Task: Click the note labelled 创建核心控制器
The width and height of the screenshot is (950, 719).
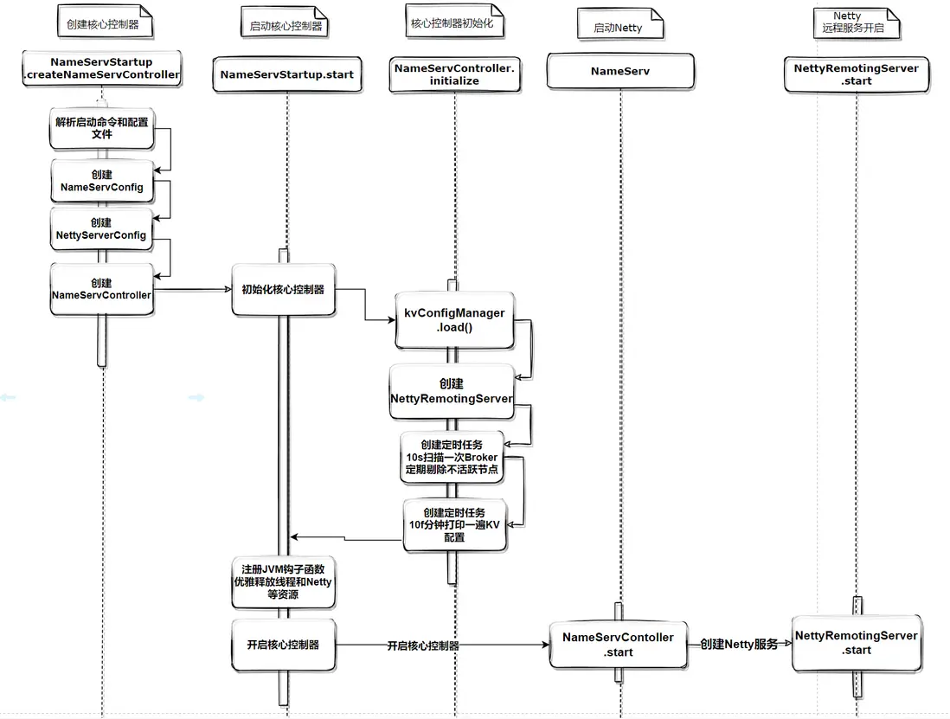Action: click(x=103, y=25)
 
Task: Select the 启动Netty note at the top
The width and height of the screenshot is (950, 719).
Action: click(x=618, y=28)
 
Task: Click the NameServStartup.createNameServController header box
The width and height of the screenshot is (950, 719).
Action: click(x=101, y=69)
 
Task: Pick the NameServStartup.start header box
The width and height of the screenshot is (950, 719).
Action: click(x=286, y=74)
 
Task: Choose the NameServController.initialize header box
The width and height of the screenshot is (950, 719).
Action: click(x=454, y=74)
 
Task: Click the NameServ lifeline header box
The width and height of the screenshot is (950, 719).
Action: click(x=619, y=72)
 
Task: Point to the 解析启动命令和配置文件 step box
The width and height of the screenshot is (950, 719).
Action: click(x=101, y=128)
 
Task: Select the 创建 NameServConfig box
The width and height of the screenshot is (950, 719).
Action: click(x=101, y=181)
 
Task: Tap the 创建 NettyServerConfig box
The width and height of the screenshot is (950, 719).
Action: click(x=101, y=228)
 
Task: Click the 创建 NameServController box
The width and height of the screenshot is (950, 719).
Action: click(x=101, y=289)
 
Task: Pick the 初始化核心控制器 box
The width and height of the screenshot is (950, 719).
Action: click(x=283, y=289)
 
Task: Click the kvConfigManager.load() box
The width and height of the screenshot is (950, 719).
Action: click(x=454, y=320)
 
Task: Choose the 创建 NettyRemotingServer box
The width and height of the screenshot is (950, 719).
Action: click(x=451, y=391)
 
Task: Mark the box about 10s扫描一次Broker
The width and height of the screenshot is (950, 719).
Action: click(x=451, y=457)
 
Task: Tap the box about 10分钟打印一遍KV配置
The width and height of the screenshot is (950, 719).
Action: click(x=454, y=524)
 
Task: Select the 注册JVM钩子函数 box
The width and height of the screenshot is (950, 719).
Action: click(x=283, y=581)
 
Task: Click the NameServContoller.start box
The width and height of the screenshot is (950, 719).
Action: click(x=618, y=644)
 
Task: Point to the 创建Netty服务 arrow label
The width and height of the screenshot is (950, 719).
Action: click(x=738, y=644)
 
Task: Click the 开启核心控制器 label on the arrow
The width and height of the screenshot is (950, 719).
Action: click(x=423, y=645)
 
